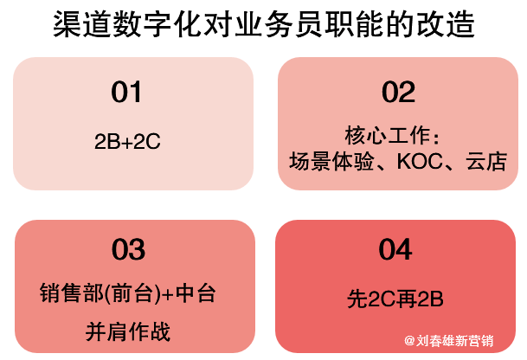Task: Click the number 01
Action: (x=126, y=92)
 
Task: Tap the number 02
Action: (x=398, y=92)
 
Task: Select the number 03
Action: (x=128, y=249)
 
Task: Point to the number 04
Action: (x=395, y=249)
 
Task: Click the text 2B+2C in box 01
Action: (x=127, y=142)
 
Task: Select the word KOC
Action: (x=420, y=161)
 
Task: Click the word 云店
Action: (x=486, y=161)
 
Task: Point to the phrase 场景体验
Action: (x=331, y=161)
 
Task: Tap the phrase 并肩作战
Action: (x=128, y=331)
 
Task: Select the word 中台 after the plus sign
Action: (x=196, y=292)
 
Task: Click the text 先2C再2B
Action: (x=395, y=299)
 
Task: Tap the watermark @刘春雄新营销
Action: (x=449, y=341)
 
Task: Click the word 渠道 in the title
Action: (x=81, y=24)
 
